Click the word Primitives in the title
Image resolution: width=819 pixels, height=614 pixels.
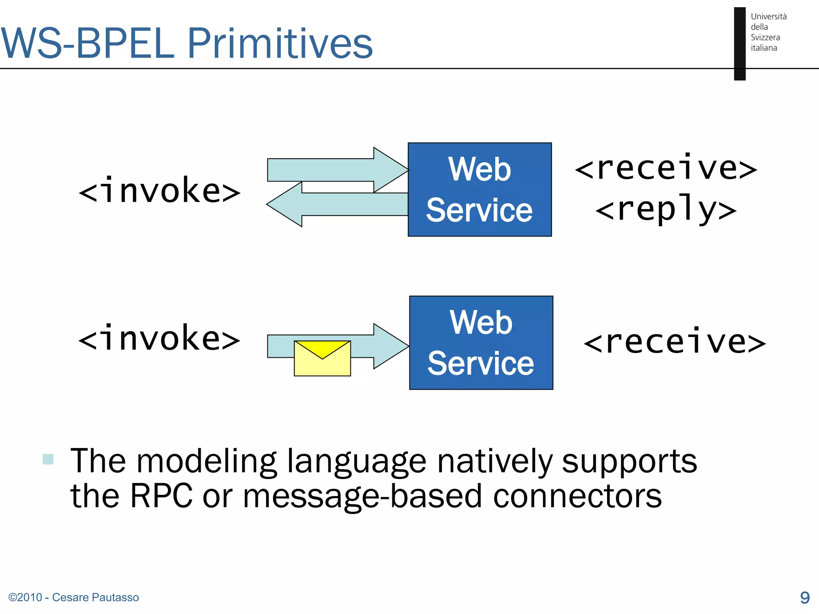point(280,43)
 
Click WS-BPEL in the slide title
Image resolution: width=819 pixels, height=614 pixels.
point(88,43)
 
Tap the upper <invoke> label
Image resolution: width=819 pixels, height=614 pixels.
point(159,191)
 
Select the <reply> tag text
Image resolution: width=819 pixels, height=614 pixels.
point(666,209)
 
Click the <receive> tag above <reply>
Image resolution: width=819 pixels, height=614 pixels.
point(666,168)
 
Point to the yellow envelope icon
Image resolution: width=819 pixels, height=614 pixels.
point(322,358)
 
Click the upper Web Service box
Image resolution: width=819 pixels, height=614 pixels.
point(479,189)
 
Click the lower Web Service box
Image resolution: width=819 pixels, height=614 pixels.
point(481,343)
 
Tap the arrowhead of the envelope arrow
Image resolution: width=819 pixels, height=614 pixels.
point(390,346)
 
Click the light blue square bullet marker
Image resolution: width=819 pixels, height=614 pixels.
point(48,459)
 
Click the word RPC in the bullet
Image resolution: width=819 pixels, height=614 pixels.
point(161,496)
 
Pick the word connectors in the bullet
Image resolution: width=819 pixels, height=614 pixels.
point(577,496)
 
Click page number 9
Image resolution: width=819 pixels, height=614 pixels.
point(805,597)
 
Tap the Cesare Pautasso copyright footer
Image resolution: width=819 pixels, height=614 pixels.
point(74,597)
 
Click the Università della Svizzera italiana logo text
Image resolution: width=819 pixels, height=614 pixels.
point(768,32)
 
